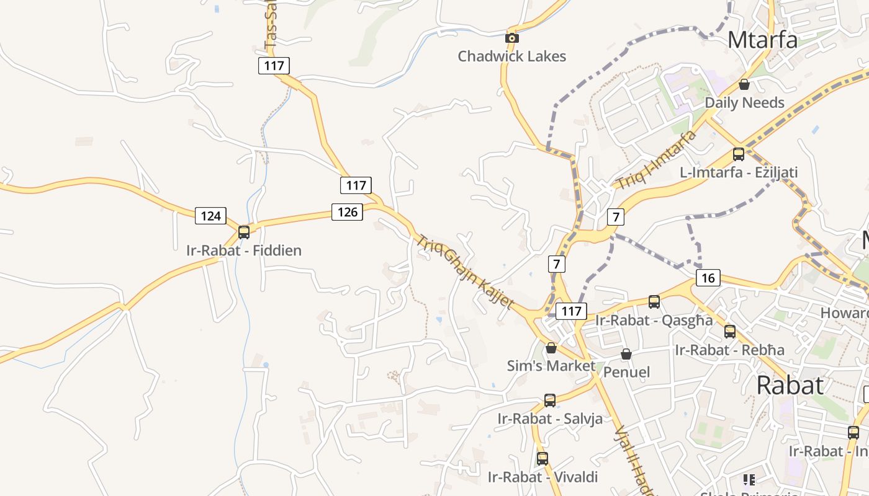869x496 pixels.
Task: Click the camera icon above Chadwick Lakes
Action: click(512, 38)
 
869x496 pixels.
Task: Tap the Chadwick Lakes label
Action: click(512, 56)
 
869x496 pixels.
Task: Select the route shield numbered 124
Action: click(211, 216)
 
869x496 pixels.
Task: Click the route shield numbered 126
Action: click(347, 212)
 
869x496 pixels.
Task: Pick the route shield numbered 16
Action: click(708, 278)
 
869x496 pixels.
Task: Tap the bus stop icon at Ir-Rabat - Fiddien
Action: click(244, 232)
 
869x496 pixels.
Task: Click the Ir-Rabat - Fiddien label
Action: click(244, 250)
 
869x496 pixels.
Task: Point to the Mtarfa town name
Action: click(762, 40)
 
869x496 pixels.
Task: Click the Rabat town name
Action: click(790, 385)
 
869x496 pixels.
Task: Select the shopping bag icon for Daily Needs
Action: click(744, 84)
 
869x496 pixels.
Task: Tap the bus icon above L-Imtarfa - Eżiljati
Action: click(739, 154)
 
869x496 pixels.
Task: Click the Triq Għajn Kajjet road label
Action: click(466, 272)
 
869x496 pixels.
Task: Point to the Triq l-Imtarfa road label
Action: click(656, 160)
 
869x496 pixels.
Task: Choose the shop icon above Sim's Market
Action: click(551, 348)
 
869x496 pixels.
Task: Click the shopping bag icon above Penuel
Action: click(626, 354)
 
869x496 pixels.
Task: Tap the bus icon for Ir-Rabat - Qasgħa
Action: click(654, 302)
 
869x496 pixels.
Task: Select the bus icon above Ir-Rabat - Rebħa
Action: click(730, 332)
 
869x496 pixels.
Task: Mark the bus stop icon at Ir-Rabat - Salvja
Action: click(550, 401)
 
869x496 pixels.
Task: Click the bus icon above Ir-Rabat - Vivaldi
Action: click(543, 459)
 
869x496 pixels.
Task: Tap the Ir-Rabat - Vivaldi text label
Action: click(543, 477)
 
